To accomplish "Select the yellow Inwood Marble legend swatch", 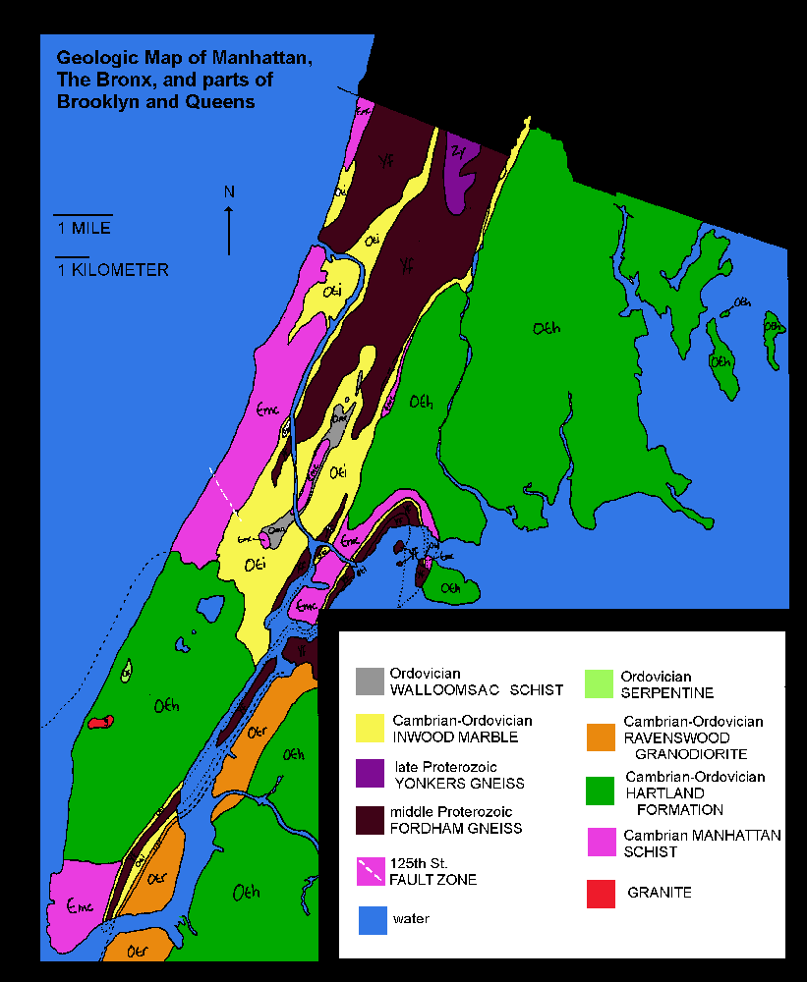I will [x=371, y=727].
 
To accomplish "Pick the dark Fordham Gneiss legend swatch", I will [x=371, y=819].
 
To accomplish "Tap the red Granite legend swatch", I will [x=600, y=894].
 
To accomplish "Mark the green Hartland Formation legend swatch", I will [x=600, y=791].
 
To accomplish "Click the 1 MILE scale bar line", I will [x=83, y=214].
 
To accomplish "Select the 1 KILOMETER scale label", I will [x=112, y=270].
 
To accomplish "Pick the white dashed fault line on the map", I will [x=224, y=489].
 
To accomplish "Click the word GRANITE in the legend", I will [x=659, y=893].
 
